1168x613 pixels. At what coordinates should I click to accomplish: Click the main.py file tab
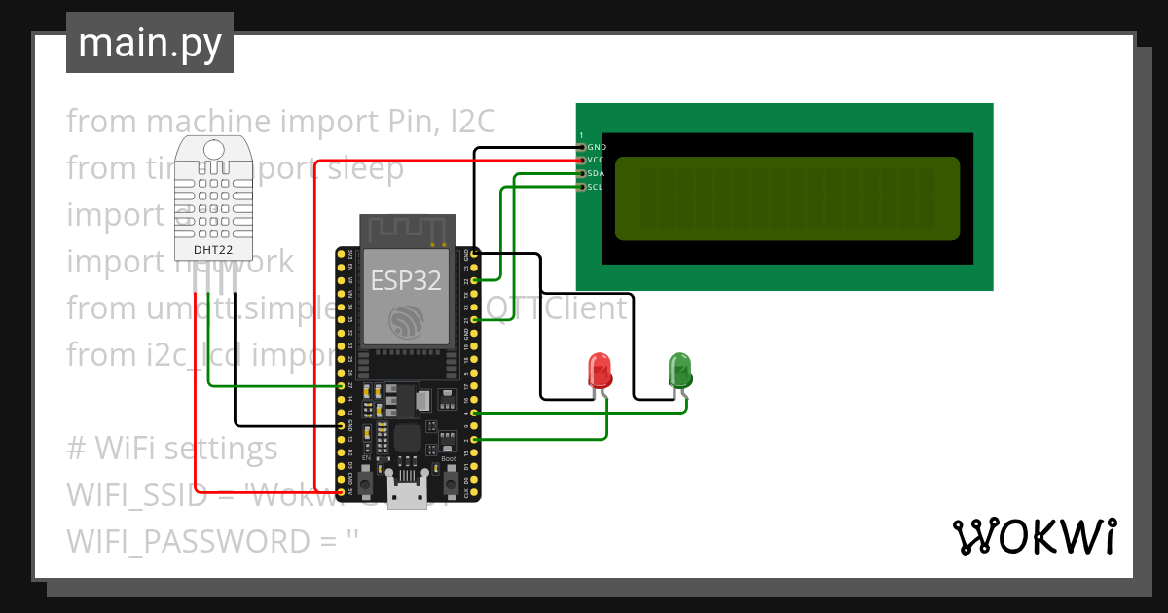(149, 43)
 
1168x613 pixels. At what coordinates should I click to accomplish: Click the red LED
(601, 372)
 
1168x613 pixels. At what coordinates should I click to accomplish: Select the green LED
(679, 370)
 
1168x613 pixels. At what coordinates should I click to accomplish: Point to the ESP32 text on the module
(406, 281)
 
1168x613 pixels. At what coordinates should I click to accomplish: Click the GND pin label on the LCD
(598, 147)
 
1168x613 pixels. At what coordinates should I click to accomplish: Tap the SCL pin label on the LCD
(597, 187)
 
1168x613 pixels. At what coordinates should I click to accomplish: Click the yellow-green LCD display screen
(786, 198)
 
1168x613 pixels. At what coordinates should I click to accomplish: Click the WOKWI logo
(1033, 536)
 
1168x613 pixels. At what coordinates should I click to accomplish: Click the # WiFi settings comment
(172, 449)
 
